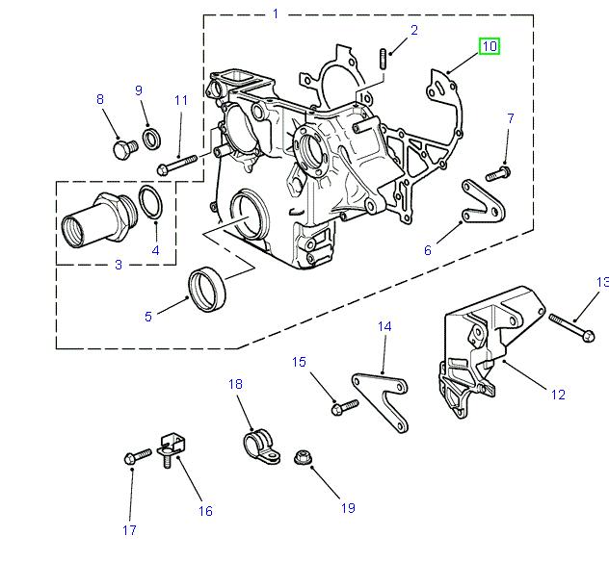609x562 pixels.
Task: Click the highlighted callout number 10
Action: click(490, 45)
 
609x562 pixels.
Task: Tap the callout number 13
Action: click(602, 282)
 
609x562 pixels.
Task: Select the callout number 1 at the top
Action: click(275, 13)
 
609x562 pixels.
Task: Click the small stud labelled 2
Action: click(383, 59)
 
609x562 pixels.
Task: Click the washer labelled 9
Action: click(152, 139)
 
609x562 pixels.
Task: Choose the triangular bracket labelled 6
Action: click(479, 201)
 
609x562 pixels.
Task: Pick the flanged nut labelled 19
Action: click(301, 453)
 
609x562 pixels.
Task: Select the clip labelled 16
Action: click(171, 446)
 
